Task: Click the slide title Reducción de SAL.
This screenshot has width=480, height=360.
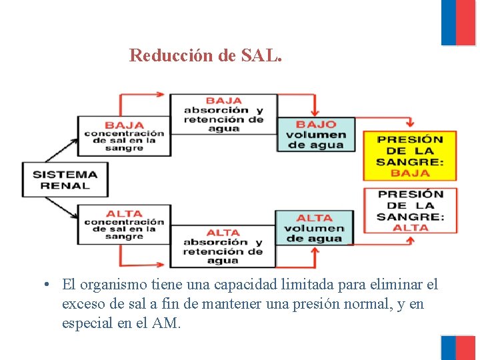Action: pyautogui.click(x=206, y=55)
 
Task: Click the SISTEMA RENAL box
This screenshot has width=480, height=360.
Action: pyautogui.click(x=65, y=179)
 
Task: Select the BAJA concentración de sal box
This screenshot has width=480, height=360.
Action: pyautogui.click(x=124, y=135)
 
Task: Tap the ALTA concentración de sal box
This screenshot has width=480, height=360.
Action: pyautogui.click(x=124, y=225)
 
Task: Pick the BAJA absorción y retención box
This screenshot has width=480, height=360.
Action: pyautogui.click(x=223, y=115)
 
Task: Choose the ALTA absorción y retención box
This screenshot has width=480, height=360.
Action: pyautogui.click(x=223, y=246)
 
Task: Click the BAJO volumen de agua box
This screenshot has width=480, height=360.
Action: pyautogui.click(x=316, y=135)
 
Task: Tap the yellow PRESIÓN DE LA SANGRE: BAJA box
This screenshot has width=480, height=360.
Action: pyautogui.click(x=409, y=155)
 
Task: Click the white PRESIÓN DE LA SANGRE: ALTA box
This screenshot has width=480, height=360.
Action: pyautogui.click(x=409, y=210)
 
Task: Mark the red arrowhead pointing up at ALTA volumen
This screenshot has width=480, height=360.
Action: pyautogui.click(x=315, y=251)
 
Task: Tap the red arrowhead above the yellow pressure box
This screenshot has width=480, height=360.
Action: pyautogui.click(x=409, y=123)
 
